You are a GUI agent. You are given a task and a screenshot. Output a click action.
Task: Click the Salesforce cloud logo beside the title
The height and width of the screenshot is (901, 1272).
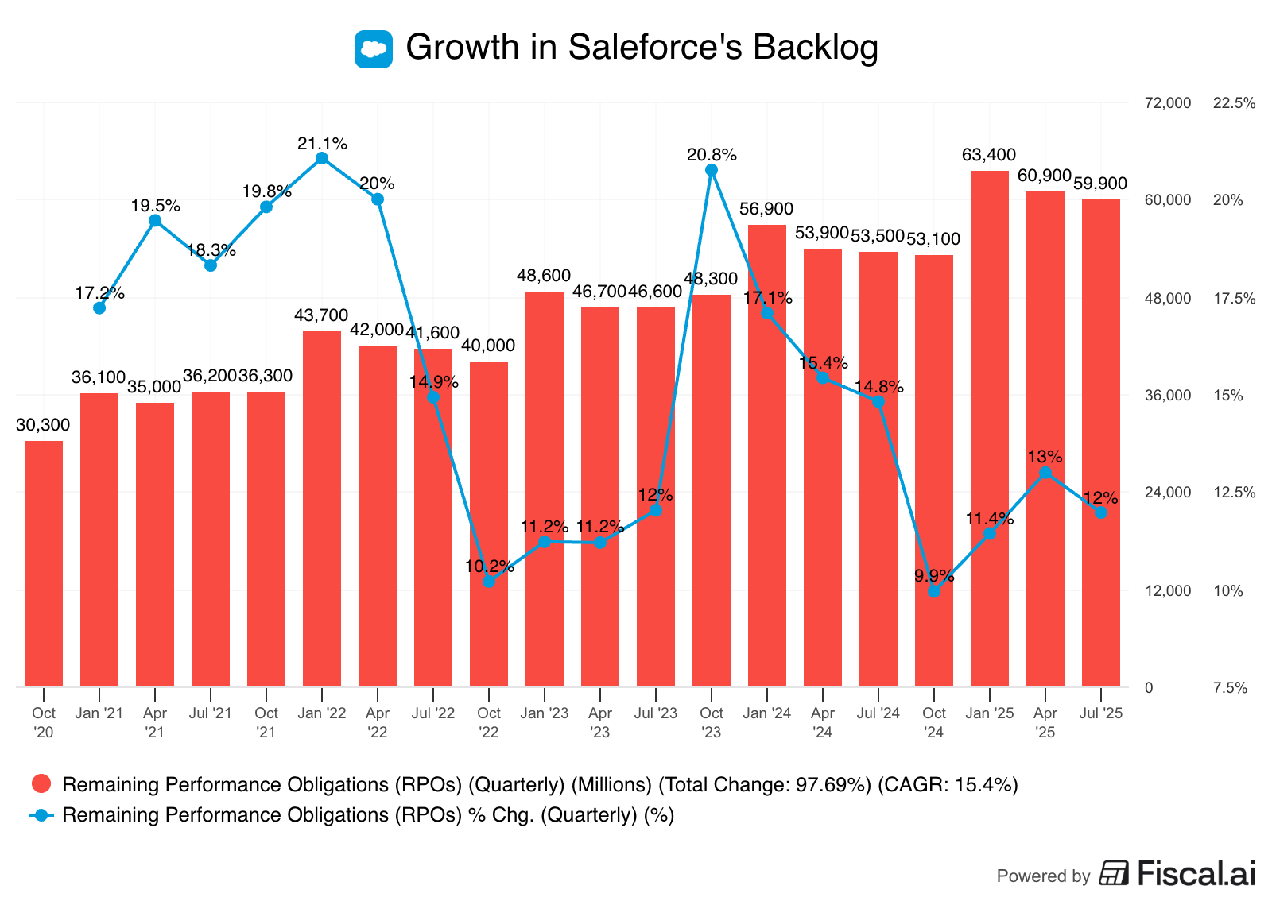(x=373, y=48)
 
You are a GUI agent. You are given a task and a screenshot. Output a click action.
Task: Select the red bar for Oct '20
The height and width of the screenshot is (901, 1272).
(x=44, y=563)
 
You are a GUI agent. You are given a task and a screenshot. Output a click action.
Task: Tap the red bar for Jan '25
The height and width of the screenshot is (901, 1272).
(x=990, y=429)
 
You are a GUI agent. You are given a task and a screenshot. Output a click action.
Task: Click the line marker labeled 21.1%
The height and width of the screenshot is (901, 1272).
(x=322, y=158)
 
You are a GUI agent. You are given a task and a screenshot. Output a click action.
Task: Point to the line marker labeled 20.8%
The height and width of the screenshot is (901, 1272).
(x=712, y=170)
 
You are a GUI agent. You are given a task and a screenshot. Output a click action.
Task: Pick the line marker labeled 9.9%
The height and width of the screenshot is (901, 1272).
(x=934, y=591)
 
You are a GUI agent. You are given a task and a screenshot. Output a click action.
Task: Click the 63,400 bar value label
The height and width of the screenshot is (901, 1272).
(x=989, y=155)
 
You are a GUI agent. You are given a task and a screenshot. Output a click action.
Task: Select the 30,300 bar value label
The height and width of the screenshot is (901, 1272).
(x=43, y=425)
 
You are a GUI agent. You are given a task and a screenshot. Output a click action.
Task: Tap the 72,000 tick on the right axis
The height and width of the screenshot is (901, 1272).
(x=1167, y=103)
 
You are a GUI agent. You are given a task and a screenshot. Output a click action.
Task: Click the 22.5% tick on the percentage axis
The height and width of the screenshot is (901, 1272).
(x=1234, y=103)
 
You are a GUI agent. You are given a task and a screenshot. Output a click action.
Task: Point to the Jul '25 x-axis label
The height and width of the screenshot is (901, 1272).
(x=1101, y=713)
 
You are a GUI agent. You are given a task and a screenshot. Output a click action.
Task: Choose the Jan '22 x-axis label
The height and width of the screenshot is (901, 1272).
(x=322, y=713)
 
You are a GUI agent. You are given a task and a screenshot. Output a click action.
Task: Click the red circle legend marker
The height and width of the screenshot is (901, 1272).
(x=41, y=784)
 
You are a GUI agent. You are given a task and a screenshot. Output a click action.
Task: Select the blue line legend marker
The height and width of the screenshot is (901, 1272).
(x=41, y=814)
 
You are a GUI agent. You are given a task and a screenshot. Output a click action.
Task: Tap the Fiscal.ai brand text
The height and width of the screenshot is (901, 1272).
(x=1196, y=873)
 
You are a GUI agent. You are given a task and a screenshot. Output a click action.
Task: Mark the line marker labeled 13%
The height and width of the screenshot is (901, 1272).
(x=1045, y=473)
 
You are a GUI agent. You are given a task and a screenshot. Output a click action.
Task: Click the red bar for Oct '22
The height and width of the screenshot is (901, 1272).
(x=489, y=524)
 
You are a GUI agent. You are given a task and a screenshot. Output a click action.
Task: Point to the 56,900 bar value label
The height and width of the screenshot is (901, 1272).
(x=766, y=209)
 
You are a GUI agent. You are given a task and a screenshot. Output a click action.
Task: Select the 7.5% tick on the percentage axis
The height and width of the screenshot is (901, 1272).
(x=1230, y=688)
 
